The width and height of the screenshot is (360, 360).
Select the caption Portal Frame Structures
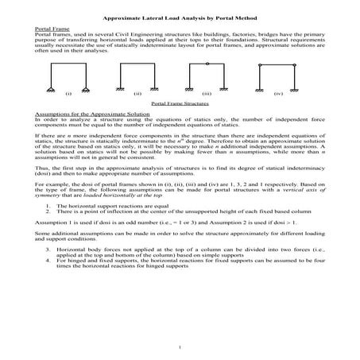(x=180, y=103)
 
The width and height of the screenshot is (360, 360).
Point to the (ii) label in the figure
(x=137, y=93)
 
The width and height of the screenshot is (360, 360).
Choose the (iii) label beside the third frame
(x=207, y=93)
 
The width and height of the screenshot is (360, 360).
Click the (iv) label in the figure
(x=277, y=93)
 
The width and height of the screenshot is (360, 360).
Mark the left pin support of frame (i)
(x=54, y=87)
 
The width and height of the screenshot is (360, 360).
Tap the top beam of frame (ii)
(x=138, y=64)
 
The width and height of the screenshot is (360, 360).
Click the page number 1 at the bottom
(x=180, y=347)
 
